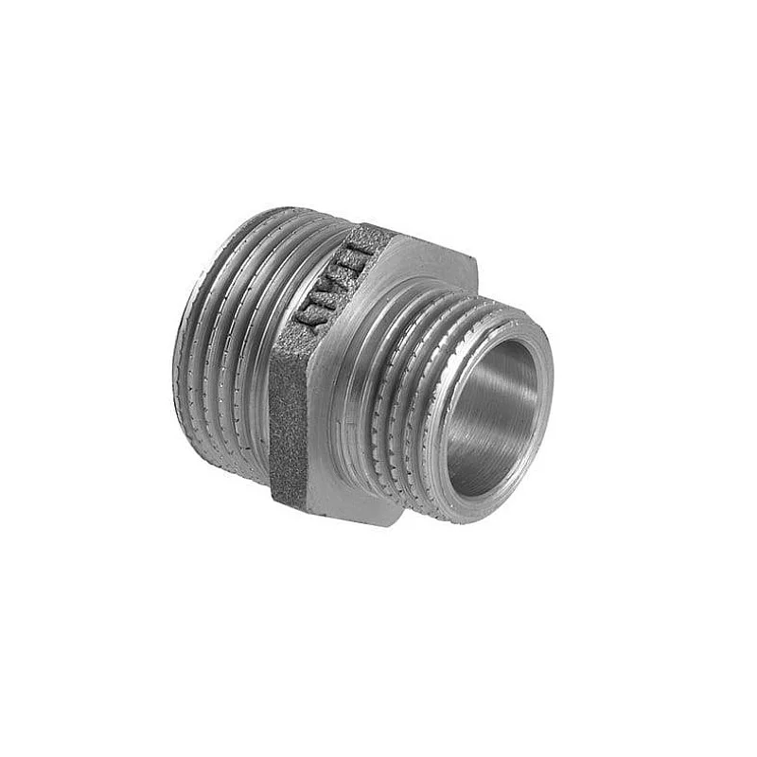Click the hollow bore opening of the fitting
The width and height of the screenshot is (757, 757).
492,416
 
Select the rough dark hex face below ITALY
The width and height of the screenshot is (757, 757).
289,426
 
